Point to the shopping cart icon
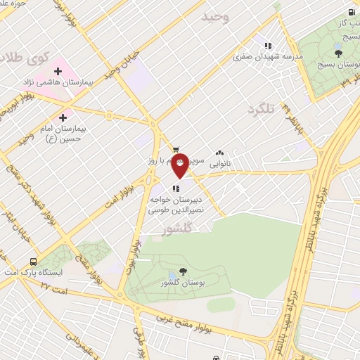[175, 149]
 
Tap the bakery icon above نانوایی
[220, 151]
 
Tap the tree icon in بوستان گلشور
[184, 271]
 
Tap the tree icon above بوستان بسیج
[339, 53]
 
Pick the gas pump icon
[351, 12]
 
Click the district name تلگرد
[259, 110]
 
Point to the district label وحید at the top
[216, 16]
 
